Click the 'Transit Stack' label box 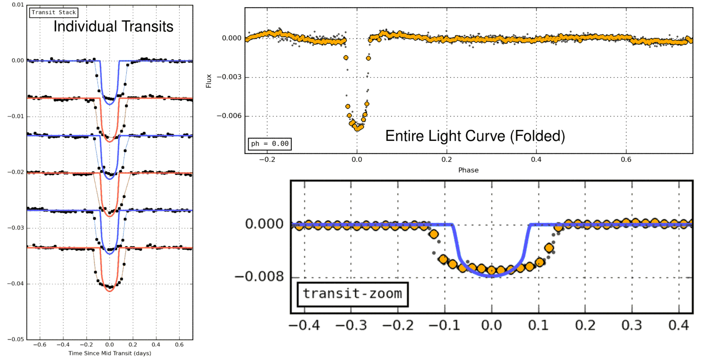tap(54, 12)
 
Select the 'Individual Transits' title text tap(113, 26)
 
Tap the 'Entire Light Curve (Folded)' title tap(475, 136)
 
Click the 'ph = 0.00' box tap(270, 144)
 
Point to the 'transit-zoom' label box tap(352, 294)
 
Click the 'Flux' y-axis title tap(209, 81)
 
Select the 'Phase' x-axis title tap(468, 170)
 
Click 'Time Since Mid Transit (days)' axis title tap(110, 353)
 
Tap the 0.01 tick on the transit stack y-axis tap(18, 5)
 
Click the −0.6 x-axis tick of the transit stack tap(40, 345)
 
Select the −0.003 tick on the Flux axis tap(229, 77)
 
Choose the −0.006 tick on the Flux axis tap(229, 116)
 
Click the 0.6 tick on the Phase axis tap(626, 159)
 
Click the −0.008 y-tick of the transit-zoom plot tap(259, 277)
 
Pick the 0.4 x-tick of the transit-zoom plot tap(678, 325)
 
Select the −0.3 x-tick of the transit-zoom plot tap(351, 325)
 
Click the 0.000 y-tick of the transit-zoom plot tap(264, 224)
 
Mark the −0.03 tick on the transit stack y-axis tap(16, 228)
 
